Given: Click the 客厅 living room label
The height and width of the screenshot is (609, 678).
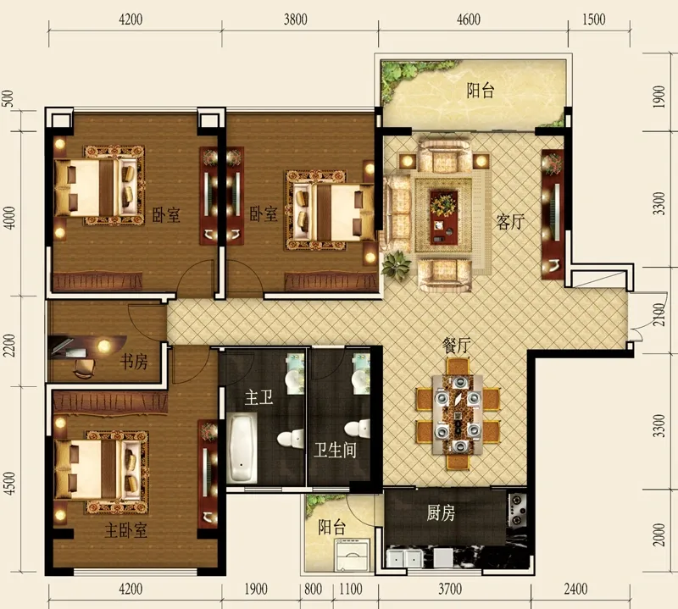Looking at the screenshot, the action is (511, 222).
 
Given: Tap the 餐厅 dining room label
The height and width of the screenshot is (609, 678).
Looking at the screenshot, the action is (456, 346).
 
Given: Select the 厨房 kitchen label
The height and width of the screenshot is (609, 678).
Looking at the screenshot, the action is (441, 513).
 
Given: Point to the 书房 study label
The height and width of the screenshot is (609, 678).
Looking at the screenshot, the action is (134, 362).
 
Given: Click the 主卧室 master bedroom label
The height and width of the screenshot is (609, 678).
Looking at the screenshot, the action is (125, 530).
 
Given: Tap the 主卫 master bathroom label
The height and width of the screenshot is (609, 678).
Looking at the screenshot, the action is (259, 397).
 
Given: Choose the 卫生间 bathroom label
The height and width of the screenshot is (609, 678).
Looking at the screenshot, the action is (335, 450).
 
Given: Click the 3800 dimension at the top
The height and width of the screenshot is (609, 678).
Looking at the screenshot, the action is (296, 19).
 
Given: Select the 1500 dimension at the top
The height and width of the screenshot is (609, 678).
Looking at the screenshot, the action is (594, 19).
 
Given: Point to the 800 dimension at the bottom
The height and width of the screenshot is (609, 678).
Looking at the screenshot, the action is (313, 590).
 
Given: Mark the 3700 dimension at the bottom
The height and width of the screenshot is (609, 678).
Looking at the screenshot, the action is (450, 590).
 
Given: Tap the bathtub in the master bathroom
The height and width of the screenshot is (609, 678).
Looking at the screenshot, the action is (242, 448).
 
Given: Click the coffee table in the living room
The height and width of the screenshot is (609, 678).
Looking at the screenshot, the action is (444, 217).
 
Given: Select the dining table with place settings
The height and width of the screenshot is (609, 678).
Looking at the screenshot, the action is (458, 414).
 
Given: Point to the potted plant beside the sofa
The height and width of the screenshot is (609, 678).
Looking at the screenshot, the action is (396, 264).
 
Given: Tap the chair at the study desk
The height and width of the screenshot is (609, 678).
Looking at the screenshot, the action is (84, 368).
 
